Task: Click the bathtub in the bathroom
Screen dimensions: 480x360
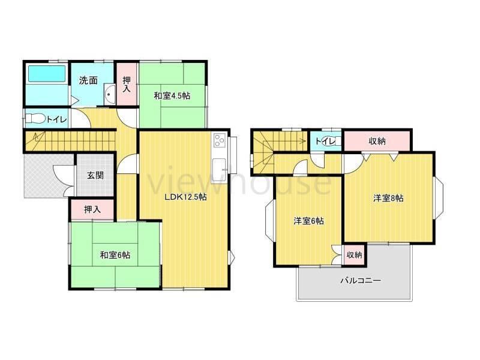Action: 47,74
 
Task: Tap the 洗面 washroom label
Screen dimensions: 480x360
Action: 88,80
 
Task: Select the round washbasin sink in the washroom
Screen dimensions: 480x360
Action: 109,94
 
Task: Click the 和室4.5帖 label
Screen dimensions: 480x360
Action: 172,96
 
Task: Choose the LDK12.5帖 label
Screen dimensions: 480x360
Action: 185,197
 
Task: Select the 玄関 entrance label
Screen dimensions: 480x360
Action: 95,175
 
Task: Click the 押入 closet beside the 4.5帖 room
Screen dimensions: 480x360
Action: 127,84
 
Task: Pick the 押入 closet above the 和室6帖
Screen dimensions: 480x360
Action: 92,209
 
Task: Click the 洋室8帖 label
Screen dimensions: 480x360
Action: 388,198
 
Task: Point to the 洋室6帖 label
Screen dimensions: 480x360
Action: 308,221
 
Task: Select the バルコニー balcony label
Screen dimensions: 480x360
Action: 361,280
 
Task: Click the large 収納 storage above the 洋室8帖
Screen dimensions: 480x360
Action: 377,141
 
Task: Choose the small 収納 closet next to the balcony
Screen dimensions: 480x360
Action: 354,254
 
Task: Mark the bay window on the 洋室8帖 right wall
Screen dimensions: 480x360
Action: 439,198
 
